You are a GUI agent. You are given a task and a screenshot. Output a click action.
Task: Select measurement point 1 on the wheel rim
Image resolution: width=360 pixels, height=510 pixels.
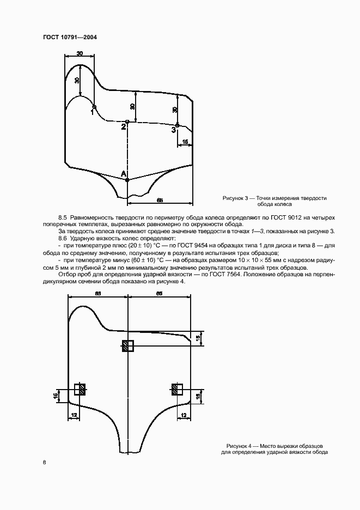[94, 107]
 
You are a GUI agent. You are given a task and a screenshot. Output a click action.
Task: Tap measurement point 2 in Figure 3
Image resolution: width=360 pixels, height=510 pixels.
[127, 122]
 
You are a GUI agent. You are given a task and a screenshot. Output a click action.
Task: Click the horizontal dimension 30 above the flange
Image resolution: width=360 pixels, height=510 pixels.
[80, 53]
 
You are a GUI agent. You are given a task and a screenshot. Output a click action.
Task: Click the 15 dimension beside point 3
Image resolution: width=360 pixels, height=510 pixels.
[185, 142]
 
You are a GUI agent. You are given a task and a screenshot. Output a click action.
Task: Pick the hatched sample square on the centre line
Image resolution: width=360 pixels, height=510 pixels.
[127, 345]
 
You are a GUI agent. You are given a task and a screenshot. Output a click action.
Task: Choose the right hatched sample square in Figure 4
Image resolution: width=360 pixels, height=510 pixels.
[176, 389]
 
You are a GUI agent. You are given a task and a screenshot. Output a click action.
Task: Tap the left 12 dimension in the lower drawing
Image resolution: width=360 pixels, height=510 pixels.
[74, 415]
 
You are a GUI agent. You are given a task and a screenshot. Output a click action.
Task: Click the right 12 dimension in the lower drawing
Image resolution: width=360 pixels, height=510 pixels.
[184, 415]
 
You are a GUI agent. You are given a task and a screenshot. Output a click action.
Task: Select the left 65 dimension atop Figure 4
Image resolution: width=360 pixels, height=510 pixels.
[97, 294]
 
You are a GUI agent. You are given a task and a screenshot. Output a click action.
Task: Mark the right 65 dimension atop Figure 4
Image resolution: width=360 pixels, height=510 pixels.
[160, 294]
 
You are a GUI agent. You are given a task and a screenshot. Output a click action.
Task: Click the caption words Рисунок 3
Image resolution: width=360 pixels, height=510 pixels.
[235, 198]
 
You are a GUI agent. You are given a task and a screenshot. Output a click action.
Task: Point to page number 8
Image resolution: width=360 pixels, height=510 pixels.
[44, 462]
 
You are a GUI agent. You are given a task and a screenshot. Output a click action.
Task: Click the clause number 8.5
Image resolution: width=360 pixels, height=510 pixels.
[63, 218]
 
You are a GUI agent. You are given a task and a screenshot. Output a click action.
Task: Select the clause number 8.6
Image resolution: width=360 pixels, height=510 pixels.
[63, 239]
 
